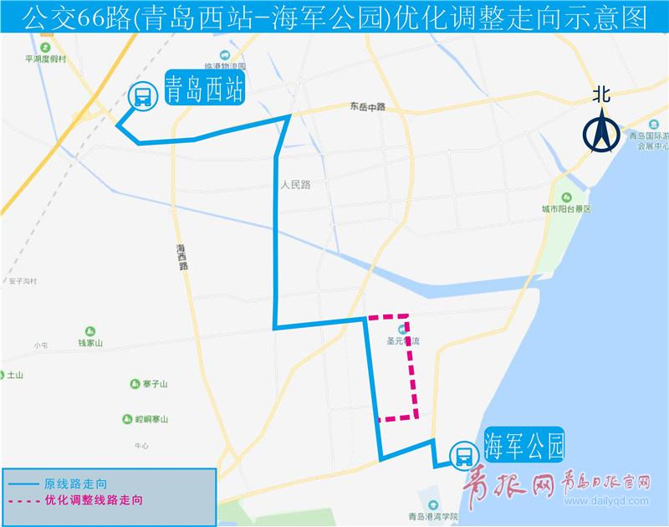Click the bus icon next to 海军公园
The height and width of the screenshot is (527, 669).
coord(462,457)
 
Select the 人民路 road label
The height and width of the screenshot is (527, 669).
coord(295,185)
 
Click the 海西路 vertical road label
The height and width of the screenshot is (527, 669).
coord(182,256)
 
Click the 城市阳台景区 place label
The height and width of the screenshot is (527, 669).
coord(566,209)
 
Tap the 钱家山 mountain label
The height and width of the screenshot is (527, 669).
coord(89,343)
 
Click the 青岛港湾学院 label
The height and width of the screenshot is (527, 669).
coord(436,517)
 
